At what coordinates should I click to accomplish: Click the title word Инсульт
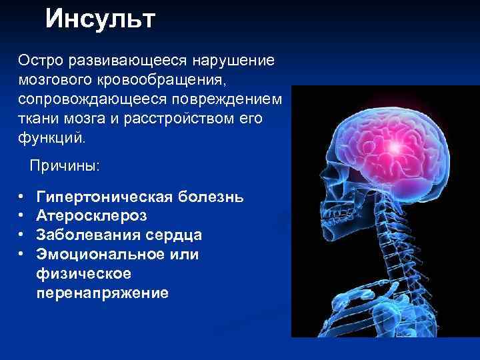click(x=100, y=19)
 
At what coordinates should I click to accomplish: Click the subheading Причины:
click(x=64, y=165)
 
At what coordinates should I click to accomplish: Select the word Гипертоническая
click(x=101, y=197)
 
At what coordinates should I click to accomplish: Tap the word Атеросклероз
click(x=91, y=216)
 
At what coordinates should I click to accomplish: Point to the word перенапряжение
click(x=103, y=293)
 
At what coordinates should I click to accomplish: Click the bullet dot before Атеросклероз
click(x=22, y=216)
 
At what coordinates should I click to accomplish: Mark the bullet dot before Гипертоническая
click(x=22, y=197)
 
